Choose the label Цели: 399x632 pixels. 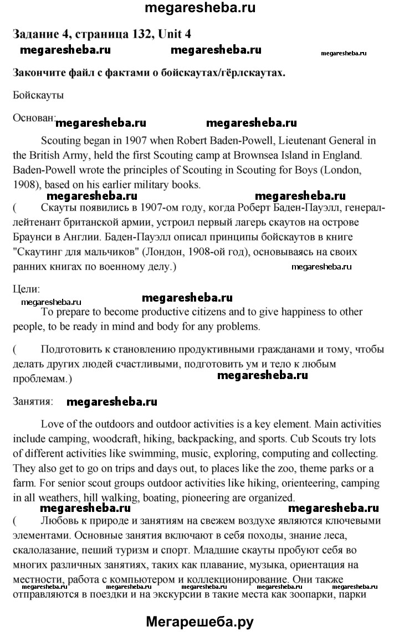coord(27,289)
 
